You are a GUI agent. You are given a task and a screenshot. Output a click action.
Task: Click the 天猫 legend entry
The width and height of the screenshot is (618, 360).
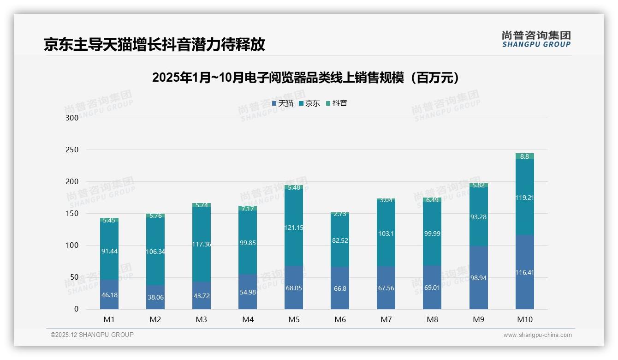[282, 103]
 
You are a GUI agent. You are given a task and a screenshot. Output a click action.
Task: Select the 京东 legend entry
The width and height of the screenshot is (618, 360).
[309, 103]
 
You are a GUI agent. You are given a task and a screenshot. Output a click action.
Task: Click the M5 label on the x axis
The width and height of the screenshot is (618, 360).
[294, 319]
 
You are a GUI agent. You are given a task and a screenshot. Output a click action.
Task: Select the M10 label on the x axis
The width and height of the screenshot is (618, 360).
[524, 319]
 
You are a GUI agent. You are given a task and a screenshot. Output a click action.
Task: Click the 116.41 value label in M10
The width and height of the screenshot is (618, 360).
[524, 273]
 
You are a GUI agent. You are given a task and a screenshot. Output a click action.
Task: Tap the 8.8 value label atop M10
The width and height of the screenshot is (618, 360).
[524, 157]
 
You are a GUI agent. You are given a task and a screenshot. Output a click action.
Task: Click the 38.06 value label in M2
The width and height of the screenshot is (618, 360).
[155, 298]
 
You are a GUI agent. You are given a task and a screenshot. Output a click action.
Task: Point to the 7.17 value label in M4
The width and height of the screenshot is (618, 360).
[248, 209]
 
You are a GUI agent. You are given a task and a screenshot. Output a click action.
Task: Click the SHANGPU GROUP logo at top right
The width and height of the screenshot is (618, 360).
[536, 39]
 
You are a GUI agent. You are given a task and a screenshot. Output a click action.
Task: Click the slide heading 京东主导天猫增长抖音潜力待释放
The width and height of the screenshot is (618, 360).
[154, 45]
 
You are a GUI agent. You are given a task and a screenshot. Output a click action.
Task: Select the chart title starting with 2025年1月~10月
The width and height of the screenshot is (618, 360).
[306, 78]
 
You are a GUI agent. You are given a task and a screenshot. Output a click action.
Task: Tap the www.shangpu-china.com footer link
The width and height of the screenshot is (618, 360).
[537, 335]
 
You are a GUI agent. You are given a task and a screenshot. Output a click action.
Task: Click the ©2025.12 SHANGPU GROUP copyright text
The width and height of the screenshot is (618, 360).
[92, 335]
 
